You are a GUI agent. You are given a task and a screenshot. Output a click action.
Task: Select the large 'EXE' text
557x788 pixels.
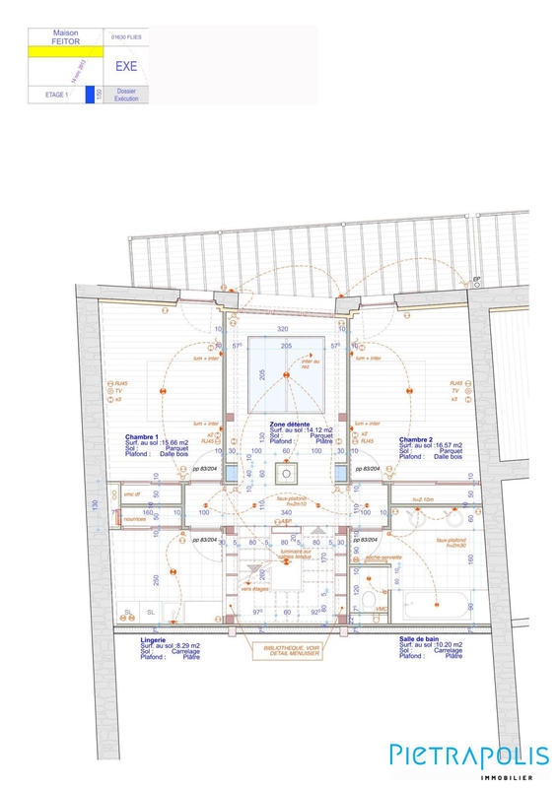coord(126,67)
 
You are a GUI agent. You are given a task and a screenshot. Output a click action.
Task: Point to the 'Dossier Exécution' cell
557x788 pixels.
coord(126,96)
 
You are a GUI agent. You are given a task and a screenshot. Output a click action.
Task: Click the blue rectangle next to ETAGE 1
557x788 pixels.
coord(90,96)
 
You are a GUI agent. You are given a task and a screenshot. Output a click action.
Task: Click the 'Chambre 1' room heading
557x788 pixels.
coord(143,436)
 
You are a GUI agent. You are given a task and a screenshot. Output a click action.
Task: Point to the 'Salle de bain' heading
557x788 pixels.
coord(420,639)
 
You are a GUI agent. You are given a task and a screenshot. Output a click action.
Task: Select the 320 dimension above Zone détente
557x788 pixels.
coord(283,328)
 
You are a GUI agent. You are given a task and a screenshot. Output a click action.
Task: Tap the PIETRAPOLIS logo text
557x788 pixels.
coord(468,755)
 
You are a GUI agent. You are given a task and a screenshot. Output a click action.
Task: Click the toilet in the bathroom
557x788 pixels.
coord(370,600)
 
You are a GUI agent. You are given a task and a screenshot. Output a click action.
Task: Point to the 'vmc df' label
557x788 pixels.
coord(132,493)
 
